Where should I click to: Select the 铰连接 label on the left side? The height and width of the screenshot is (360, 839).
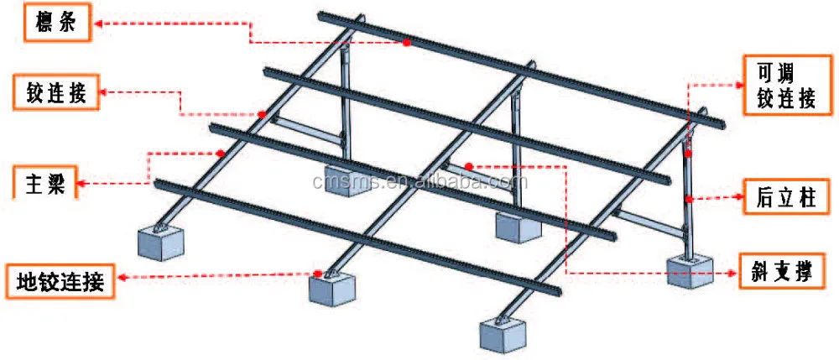tap(51, 91)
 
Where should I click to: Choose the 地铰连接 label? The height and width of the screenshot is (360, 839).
tap(60, 281)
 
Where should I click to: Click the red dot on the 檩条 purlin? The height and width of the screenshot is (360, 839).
tap(405, 41)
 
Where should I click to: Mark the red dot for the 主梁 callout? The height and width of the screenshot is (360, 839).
tap(220, 153)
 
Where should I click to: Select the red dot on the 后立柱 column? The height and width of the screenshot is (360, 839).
tap(687, 199)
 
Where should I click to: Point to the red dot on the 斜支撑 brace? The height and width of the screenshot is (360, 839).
tap(470, 166)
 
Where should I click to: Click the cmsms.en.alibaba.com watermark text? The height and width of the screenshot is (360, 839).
tap(419, 182)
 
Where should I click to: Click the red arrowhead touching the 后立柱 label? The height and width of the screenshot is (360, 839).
tap(736, 199)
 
